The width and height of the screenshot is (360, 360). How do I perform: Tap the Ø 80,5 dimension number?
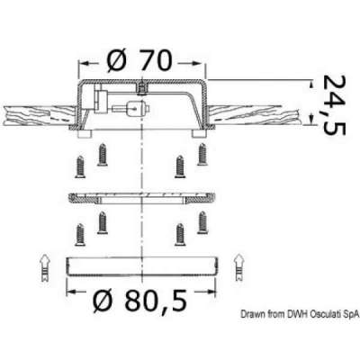click(140, 300)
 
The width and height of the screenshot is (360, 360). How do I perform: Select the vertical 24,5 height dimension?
click(334, 105)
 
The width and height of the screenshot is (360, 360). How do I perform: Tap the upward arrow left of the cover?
click(45, 267)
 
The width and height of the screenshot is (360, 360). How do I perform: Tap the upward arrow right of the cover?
click(238, 267)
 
